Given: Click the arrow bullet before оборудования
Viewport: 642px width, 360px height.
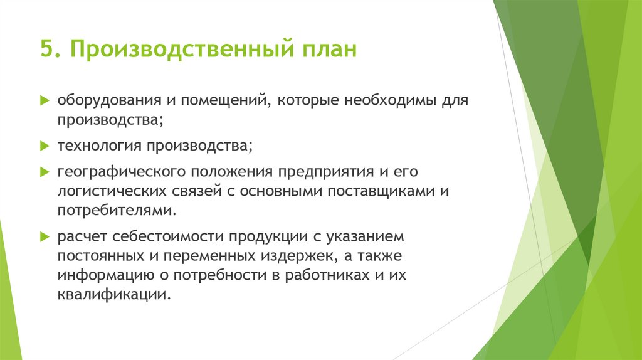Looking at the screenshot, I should point(45,100).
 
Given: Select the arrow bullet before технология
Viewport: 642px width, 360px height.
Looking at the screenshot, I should point(45,146).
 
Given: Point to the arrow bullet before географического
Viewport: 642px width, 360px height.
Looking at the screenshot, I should point(45,171).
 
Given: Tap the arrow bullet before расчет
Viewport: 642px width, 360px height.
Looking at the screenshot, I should point(45,237).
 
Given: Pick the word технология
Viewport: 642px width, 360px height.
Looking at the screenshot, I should point(100,146).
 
